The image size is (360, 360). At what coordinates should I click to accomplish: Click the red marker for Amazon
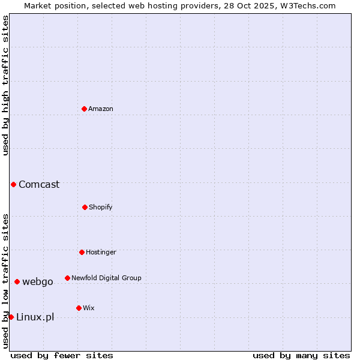84,109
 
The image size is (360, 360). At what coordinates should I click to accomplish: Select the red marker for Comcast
13,184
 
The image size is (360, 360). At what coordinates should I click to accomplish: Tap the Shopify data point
85,207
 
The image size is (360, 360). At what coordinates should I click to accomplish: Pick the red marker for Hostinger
82,252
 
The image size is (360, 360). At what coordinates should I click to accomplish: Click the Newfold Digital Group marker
67,278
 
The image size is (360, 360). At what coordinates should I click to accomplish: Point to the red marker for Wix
79,308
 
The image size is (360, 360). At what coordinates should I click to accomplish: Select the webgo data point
17,281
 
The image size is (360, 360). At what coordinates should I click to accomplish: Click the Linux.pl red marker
11,317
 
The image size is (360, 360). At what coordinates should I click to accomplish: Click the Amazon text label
101,109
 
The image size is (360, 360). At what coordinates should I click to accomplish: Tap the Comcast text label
39,184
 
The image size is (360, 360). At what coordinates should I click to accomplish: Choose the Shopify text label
101,207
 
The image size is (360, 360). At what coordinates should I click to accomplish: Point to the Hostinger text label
101,252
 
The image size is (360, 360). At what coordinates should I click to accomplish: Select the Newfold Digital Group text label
106,278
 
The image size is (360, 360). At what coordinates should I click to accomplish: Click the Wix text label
89,308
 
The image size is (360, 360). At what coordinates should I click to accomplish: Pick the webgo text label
38,281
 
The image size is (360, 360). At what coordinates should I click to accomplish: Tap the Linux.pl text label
35,317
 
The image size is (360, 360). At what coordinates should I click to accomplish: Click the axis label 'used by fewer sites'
62,355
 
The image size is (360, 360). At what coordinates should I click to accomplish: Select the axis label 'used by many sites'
301,355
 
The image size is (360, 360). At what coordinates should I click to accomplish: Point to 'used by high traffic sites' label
5,85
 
